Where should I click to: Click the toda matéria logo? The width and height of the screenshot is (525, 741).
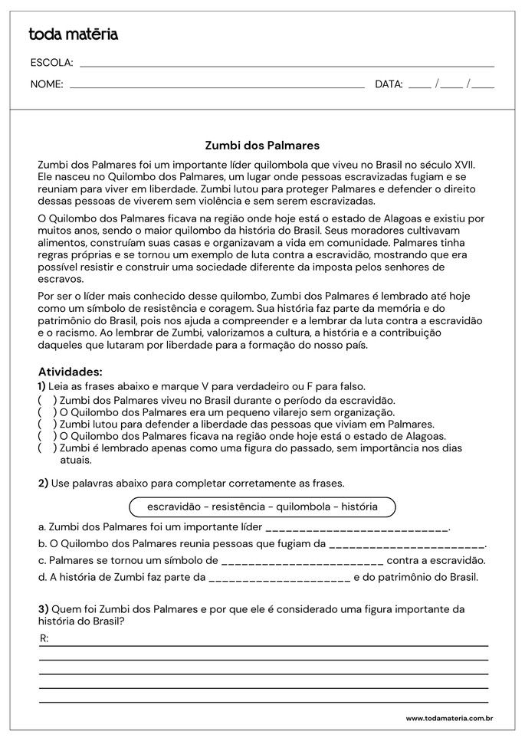click(x=73, y=34)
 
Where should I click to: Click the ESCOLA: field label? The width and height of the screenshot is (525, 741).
click(x=51, y=63)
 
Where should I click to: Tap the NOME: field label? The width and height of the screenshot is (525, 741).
click(x=47, y=84)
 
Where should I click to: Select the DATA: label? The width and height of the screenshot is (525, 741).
click(x=389, y=84)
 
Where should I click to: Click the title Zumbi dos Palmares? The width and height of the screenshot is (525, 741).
click(x=262, y=144)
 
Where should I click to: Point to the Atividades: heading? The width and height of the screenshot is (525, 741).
click(x=70, y=372)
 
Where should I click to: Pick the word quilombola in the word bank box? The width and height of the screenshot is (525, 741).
click(x=300, y=507)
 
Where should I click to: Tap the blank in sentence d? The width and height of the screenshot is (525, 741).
click(x=279, y=579)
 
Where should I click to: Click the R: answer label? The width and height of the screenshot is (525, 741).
click(x=44, y=638)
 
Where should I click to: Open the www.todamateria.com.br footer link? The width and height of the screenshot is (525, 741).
click(x=448, y=718)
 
